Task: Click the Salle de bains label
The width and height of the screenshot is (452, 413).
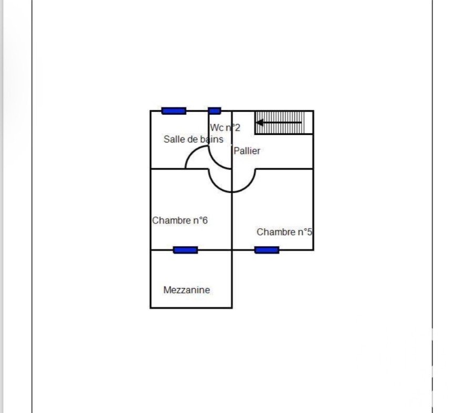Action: click(193, 139)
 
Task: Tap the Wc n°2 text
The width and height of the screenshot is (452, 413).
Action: click(225, 128)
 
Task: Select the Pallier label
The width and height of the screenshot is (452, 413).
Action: click(246, 151)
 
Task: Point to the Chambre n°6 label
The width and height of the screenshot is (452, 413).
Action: click(180, 220)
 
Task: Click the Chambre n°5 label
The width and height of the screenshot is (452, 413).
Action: click(284, 232)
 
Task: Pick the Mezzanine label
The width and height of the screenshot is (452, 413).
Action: click(187, 290)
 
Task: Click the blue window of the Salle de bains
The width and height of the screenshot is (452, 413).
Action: click(173, 111)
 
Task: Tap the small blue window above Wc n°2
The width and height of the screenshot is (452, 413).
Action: click(214, 111)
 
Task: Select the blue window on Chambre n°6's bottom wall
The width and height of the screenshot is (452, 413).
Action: click(186, 250)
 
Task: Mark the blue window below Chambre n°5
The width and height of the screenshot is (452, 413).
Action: click(266, 250)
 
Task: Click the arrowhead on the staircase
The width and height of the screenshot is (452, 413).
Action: click(260, 123)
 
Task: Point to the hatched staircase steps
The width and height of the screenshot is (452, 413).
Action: click(280, 123)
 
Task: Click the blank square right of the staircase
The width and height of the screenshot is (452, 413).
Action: click(309, 123)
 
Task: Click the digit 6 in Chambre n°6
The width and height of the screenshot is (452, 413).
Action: click(204, 220)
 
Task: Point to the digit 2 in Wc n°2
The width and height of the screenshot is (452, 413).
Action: click(237, 128)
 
